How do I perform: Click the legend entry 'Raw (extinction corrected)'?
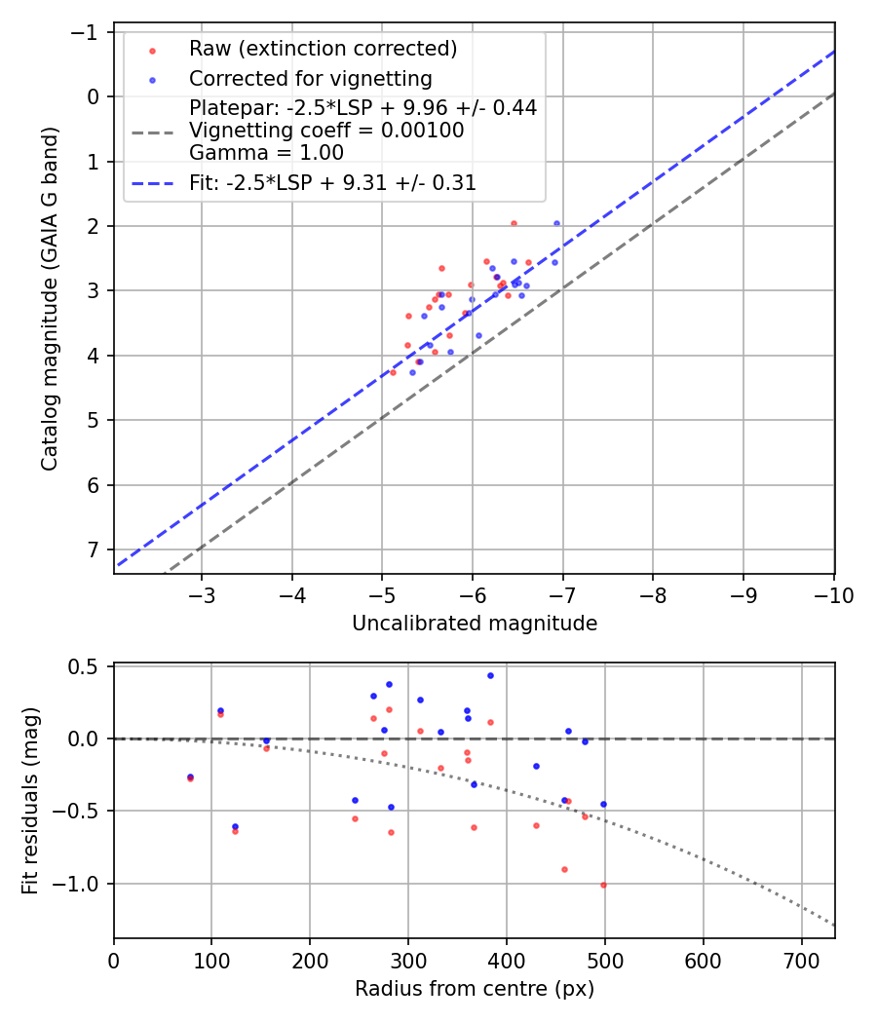323,49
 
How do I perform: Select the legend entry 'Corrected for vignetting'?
310,78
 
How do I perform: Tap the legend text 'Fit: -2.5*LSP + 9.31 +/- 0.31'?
332,182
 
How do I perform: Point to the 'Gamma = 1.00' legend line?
266,152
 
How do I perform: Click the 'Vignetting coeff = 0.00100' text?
326,131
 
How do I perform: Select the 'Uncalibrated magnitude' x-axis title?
475,624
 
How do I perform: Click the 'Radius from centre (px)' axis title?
475,989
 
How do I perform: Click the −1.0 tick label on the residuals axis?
82,884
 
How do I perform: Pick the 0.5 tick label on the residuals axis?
87,666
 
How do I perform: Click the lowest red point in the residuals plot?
603,885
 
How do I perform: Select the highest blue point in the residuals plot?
490,675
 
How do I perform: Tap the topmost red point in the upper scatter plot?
514,223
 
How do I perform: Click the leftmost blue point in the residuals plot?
190,777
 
